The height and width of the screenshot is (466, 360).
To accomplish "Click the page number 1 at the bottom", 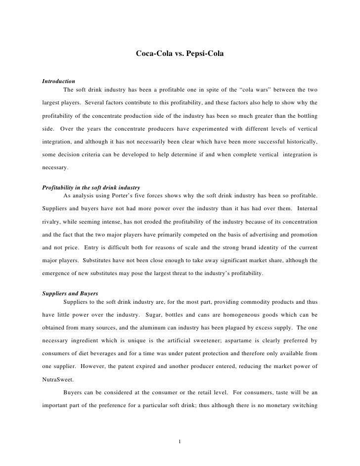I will [180, 441].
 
